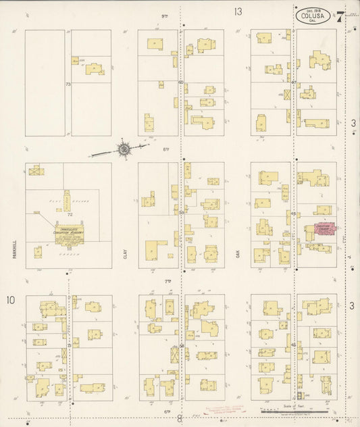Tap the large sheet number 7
[x=340, y=17]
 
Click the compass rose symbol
[x=124, y=149]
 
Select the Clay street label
[x=125, y=254]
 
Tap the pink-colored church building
[x=319, y=231]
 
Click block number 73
[x=68, y=84]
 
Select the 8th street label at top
[x=164, y=15]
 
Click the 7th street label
[x=168, y=280]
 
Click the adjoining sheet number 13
[x=238, y=11]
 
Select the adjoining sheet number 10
[x=11, y=299]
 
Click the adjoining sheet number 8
[x=180, y=419]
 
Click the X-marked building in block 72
[x=35, y=171]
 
